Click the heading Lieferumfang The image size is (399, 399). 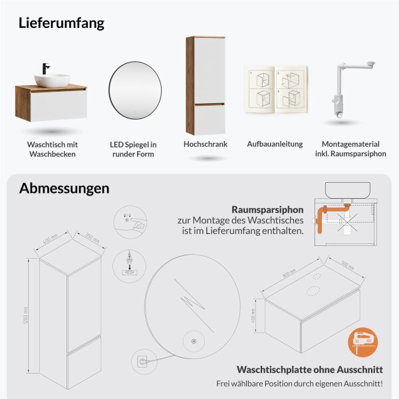click(x=62, y=23)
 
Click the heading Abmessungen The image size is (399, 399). click(x=64, y=188)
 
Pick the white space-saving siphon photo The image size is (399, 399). click(x=347, y=90)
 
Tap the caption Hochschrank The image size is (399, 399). click(x=205, y=144)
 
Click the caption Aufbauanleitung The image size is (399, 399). click(x=275, y=144)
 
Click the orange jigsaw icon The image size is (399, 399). click(x=362, y=340)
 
